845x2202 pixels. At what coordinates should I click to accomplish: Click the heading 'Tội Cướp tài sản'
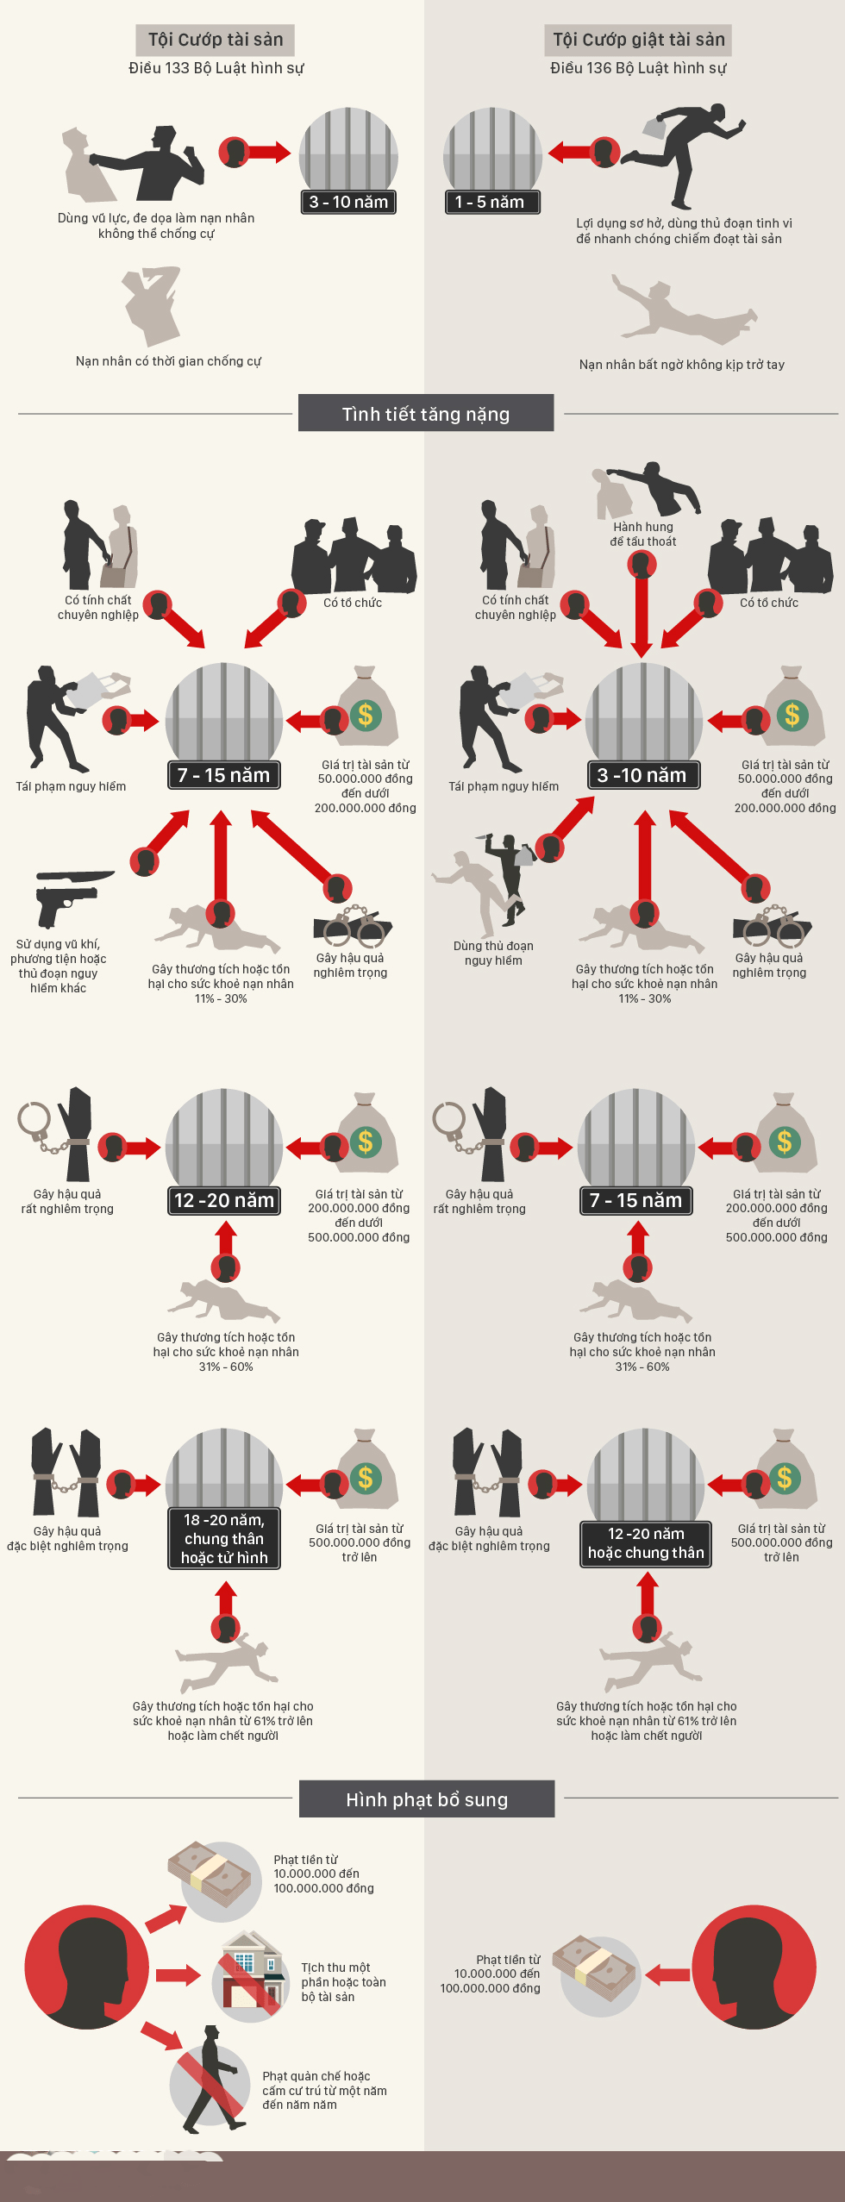coord(216,40)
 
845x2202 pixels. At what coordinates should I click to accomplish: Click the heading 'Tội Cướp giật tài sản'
coord(638,40)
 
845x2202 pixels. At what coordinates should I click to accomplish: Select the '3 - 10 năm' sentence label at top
coord(348,202)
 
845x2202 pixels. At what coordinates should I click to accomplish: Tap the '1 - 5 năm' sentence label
coord(491,202)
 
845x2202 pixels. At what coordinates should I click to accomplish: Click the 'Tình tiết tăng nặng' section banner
coord(426,414)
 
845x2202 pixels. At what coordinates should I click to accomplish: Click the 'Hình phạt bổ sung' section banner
coord(427,1799)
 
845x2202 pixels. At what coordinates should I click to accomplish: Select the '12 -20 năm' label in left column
coord(224,1200)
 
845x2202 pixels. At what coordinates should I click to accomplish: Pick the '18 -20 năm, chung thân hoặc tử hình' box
coord(224,1539)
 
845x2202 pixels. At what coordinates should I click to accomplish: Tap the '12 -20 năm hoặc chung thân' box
coord(646,1543)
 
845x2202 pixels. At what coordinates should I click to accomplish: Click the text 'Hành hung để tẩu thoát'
coord(643,534)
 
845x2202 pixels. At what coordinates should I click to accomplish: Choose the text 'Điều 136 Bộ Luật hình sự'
coord(638,68)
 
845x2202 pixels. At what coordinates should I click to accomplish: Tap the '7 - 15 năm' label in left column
coord(224,775)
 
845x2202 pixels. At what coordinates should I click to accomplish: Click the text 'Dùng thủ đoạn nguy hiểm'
coord(493,953)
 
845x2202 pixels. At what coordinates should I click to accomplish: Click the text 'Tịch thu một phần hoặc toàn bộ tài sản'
coord(343,1981)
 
